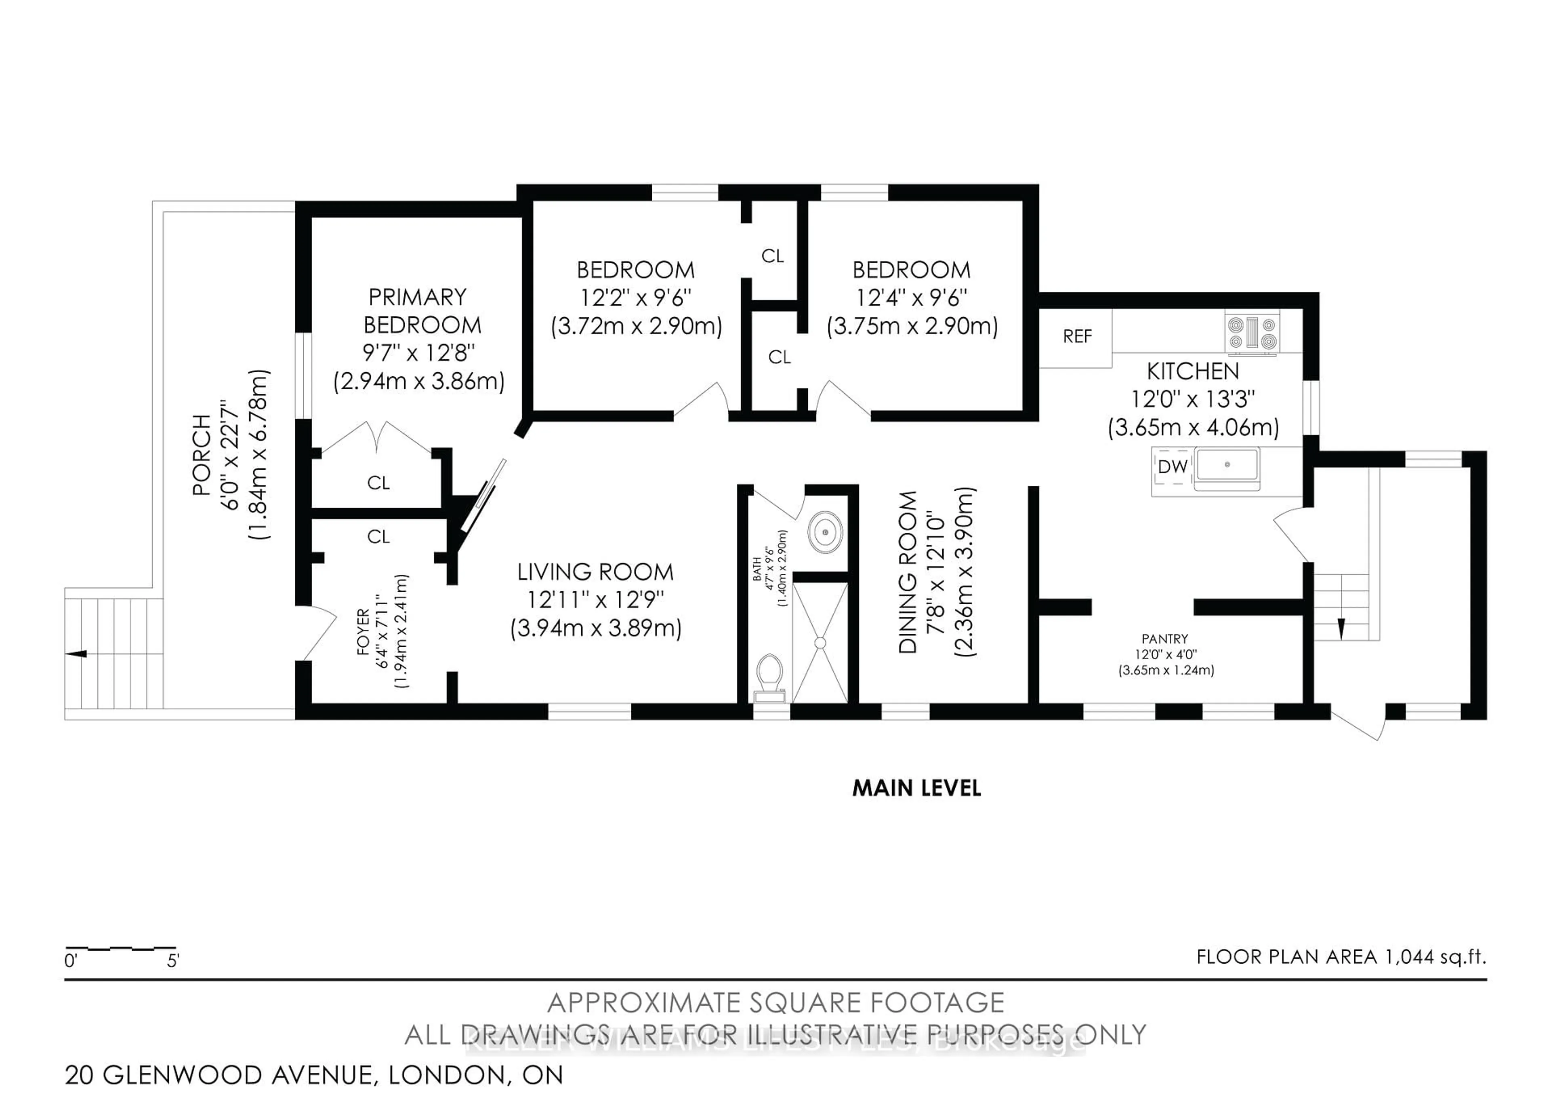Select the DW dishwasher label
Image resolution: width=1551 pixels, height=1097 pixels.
point(1173,466)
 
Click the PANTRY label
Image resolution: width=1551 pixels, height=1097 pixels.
point(1164,639)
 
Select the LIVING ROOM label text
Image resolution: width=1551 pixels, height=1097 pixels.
point(595,572)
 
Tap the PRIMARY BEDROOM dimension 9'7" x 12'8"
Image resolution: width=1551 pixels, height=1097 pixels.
point(419,353)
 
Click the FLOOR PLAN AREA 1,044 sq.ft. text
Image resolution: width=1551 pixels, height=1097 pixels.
point(1341,957)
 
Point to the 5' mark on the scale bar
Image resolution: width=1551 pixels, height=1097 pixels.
point(173,960)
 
